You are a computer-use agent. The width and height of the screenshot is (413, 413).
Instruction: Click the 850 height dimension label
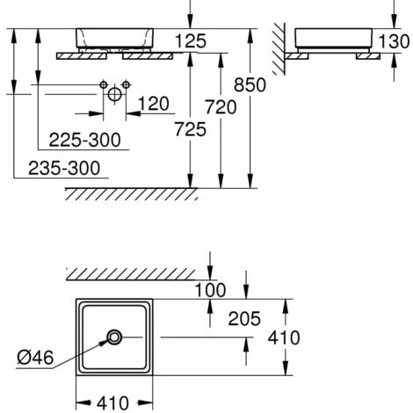(250, 85)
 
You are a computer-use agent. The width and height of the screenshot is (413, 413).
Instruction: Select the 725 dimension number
(191, 129)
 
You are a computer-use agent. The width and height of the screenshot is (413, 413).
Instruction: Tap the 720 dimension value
(221, 107)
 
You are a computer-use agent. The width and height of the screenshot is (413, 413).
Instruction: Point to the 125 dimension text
(191, 40)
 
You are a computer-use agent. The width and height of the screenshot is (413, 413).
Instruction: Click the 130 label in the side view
(394, 41)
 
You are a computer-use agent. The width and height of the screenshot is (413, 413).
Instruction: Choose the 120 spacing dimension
(154, 104)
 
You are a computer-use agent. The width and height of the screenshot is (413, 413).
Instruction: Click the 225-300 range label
(84, 140)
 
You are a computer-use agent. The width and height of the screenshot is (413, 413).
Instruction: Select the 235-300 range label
(64, 168)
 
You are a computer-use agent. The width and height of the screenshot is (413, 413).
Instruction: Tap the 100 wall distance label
(210, 290)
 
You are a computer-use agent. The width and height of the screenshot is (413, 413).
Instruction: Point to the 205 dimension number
(244, 318)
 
